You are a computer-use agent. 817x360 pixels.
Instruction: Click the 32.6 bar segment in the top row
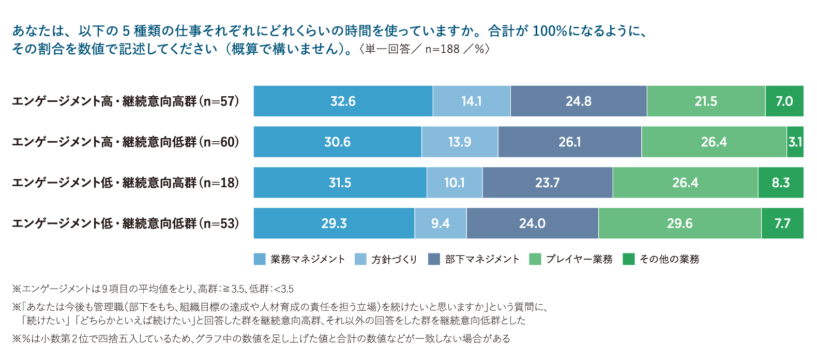tap(343, 101)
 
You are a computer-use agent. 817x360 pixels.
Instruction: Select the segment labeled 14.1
tap(471, 101)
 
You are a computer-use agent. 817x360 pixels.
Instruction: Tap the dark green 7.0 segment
tap(784, 101)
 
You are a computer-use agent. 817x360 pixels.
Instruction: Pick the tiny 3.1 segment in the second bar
tap(795, 142)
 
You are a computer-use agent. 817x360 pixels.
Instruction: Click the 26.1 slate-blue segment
tap(569, 142)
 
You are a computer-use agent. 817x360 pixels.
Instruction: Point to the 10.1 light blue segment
tap(454, 183)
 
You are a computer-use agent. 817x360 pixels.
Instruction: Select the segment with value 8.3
tap(780, 183)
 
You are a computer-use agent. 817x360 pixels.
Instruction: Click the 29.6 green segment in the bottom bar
tap(679, 223)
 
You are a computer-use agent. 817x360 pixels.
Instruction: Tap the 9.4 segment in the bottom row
tap(440, 223)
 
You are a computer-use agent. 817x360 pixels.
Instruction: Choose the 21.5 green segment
tap(705, 101)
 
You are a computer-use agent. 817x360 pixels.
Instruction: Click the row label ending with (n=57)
tap(126, 101)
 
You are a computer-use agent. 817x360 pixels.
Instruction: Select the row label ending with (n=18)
tap(126, 183)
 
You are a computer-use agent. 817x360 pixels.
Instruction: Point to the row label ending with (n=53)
tap(126, 223)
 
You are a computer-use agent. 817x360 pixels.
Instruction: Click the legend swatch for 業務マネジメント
tap(260, 259)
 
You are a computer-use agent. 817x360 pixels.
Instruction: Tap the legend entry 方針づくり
tap(394, 259)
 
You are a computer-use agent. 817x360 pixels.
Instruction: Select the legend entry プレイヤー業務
tap(579, 259)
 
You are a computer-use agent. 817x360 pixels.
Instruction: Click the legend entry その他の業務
tap(669, 259)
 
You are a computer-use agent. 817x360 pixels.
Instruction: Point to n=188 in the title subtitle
tap(442, 49)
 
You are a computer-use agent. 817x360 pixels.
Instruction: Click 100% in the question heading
tap(550, 31)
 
